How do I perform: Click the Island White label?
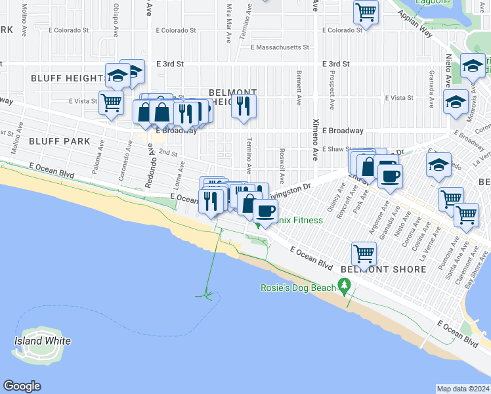pos(43,341)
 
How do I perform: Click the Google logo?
pos(22,386)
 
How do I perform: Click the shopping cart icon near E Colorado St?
pos(366,11)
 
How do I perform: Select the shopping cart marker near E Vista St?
pos(111,102)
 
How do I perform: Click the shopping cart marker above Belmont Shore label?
pos(364,253)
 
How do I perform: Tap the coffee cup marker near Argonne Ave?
pos(390,175)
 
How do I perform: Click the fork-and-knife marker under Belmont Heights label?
pos(244,106)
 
